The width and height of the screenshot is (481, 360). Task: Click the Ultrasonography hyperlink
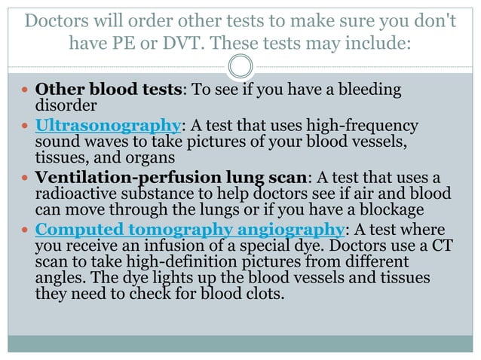pyautogui.click(x=109, y=125)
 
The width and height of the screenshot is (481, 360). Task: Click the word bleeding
pyautogui.click(x=366, y=90)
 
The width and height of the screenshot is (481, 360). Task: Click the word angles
pyautogui.click(x=57, y=278)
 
